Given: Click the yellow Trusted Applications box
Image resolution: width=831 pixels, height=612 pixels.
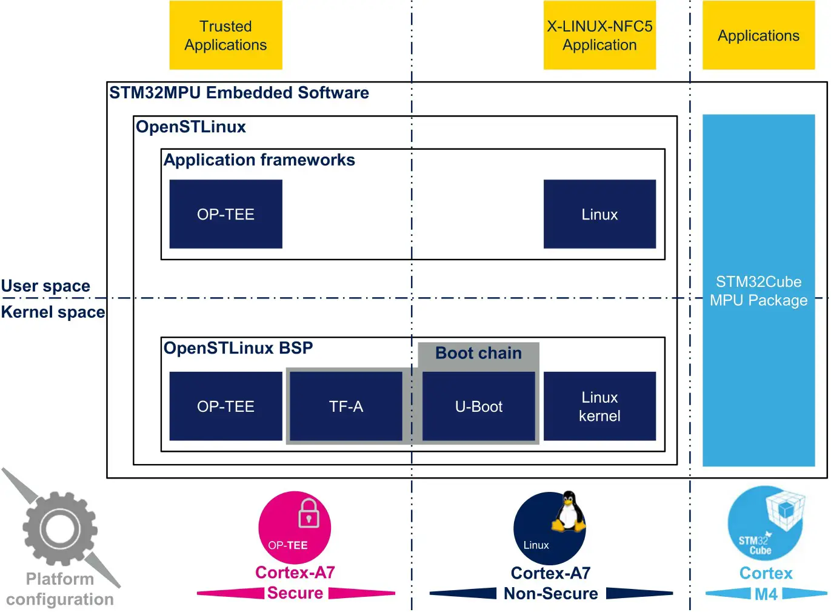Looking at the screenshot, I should click(x=225, y=35).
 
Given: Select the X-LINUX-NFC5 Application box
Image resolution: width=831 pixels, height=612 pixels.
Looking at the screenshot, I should click(x=599, y=35).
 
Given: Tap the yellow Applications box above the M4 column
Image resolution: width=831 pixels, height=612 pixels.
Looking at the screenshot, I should click(x=758, y=35).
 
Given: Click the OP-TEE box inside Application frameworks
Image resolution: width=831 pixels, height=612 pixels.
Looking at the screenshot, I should click(x=225, y=214).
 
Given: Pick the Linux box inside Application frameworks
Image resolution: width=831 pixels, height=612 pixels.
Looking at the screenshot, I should click(x=599, y=214).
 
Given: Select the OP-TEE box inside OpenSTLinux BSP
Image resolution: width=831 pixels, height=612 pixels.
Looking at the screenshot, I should click(x=225, y=406).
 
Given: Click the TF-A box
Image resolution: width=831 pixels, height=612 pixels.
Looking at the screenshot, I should click(x=346, y=406).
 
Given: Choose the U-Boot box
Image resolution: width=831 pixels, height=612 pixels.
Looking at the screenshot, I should click(x=478, y=406).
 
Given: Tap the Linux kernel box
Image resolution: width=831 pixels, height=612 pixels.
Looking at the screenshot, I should click(x=599, y=406).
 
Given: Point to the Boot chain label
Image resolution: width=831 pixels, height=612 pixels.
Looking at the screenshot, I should click(x=478, y=353).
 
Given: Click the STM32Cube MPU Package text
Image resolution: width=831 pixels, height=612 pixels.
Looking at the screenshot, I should click(x=758, y=291).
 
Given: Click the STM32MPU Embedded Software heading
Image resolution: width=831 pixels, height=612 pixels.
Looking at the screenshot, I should click(x=239, y=93).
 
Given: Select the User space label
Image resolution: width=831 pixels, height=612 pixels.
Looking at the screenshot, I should click(x=45, y=286).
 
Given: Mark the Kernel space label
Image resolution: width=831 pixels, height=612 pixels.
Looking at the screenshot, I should click(x=53, y=312).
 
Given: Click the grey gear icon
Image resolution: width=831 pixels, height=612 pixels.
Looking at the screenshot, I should click(x=59, y=529).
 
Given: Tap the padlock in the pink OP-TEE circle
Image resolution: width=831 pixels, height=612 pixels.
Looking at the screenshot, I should click(x=309, y=514).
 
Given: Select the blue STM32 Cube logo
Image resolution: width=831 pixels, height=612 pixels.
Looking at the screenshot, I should click(x=766, y=523).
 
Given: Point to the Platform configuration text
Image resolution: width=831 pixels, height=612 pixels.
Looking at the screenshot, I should click(x=59, y=589).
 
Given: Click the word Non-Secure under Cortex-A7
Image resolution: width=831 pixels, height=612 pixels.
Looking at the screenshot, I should click(x=550, y=593).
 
